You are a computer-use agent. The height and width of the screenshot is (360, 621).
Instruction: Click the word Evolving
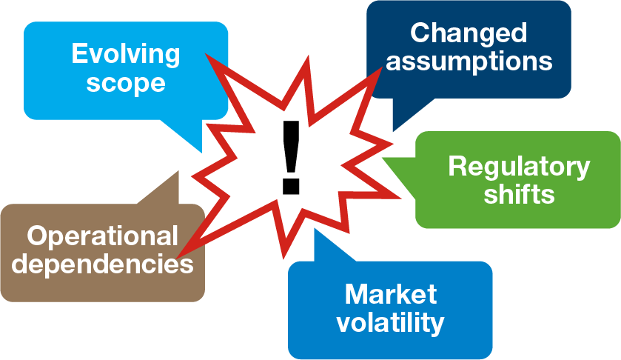(125, 54)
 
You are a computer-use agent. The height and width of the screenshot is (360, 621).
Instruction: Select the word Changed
(469, 33)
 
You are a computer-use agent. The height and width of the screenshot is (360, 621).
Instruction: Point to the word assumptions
(469, 61)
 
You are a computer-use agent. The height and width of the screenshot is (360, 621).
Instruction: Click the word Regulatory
(519, 166)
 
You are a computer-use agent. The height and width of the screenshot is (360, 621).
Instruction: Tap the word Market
(391, 294)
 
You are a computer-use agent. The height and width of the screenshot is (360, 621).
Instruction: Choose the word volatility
(391, 322)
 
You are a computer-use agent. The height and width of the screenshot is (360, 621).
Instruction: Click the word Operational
(103, 236)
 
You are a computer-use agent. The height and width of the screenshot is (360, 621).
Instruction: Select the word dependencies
(103, 264)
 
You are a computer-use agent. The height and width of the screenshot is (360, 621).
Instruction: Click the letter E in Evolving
(78, 54)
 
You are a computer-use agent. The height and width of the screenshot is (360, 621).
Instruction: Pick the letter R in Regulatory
(456, 166)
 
